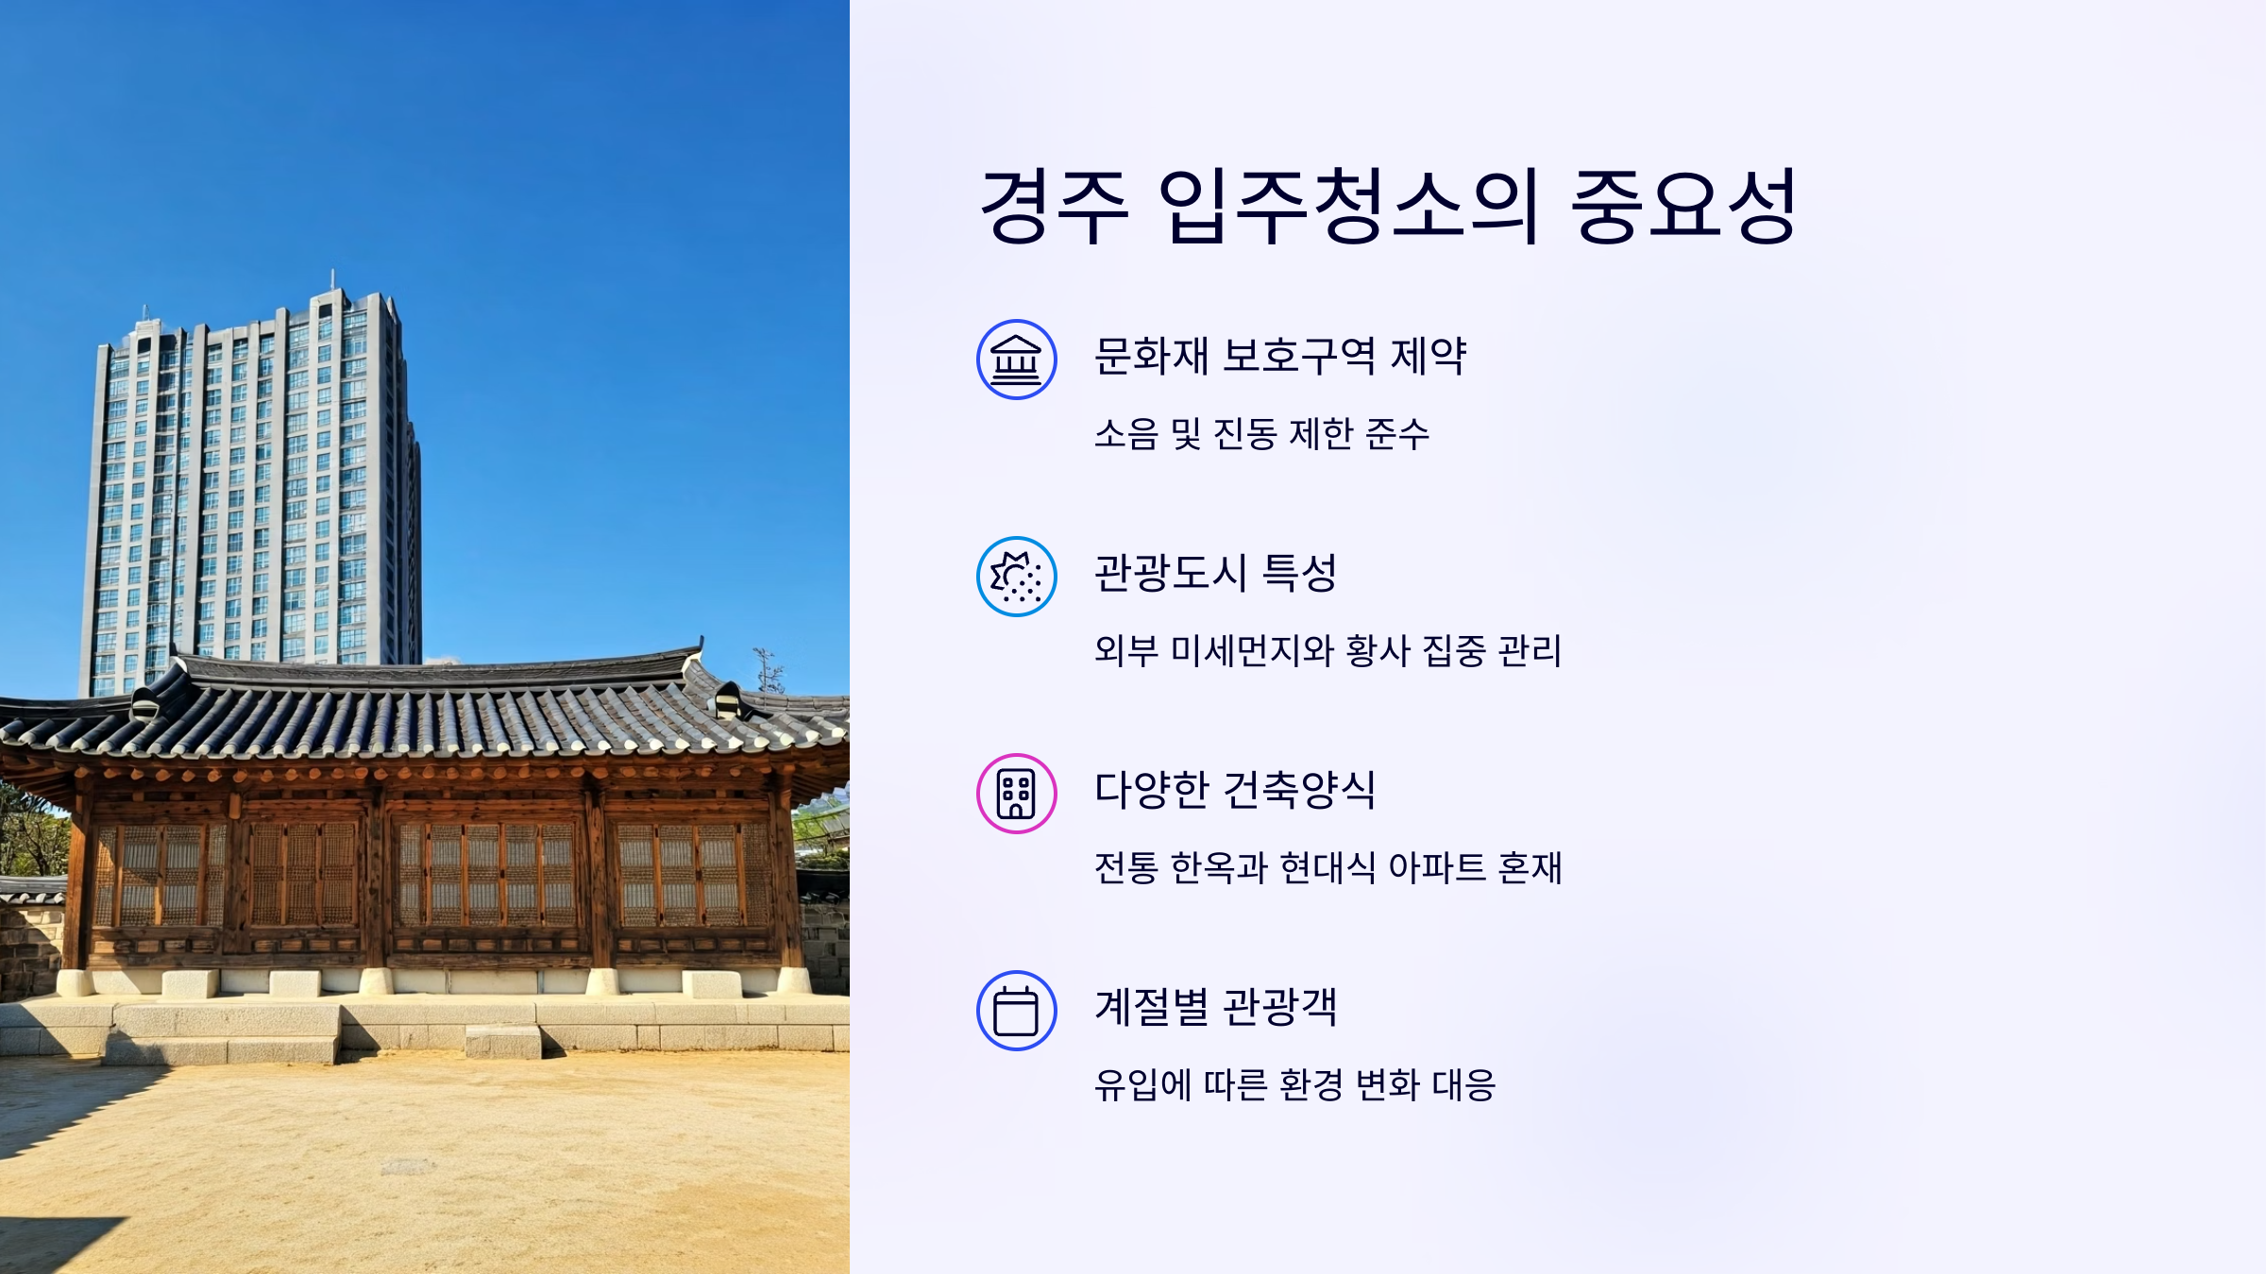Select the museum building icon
pos(1016,360)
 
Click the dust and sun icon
pos(1016,577)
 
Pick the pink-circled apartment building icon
pos(1016,794)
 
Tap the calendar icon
pos(1016,1011)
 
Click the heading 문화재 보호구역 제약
pos(1279,357)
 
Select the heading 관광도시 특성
pos(1215,574)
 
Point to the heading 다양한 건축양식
pos(1234,791)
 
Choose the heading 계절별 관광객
pos(1215,1007)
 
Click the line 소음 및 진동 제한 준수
pos(1261,434)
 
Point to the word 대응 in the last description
pos(1463,1085)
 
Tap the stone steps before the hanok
pos(502,1040)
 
